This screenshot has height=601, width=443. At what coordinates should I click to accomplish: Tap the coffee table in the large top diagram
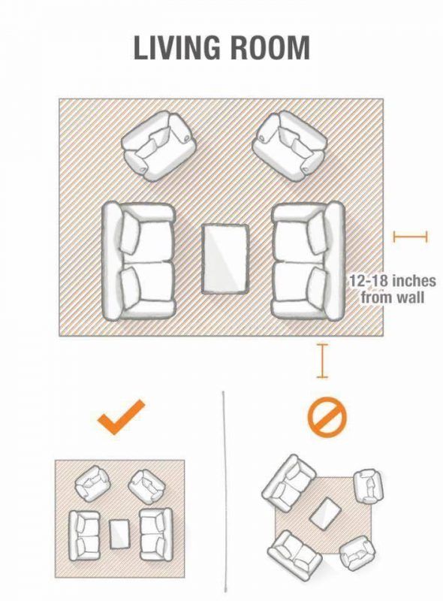[226, 259]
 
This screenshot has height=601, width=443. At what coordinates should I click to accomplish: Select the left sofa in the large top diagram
[138, 261]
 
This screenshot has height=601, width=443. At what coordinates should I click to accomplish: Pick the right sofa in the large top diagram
[308, 261]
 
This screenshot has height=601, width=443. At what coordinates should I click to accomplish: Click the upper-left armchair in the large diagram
[158, 146]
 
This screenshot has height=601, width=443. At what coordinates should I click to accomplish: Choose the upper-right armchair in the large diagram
[290, 146]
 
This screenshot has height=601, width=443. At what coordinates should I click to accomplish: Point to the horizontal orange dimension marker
[411, 237]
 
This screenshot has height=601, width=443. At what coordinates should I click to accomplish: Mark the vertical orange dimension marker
[322, 361]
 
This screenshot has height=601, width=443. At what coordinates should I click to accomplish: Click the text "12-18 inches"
[393, 281]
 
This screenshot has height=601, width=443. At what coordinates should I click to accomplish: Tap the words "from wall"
[393, 297]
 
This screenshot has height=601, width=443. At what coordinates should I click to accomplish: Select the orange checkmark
[121, 417]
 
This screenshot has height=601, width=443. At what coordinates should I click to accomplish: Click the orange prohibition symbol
[327, 418]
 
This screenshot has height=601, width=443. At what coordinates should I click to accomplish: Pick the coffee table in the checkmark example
[119, 533]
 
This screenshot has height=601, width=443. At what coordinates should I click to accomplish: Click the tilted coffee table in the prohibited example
[325, 513]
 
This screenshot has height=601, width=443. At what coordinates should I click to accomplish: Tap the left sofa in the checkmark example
[84, 535]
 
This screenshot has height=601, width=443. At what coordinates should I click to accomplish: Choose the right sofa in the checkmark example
[155, 534]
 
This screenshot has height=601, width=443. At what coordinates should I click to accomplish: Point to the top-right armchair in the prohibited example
[368, 486]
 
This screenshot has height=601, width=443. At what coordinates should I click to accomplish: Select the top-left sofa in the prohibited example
[290, 483]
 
